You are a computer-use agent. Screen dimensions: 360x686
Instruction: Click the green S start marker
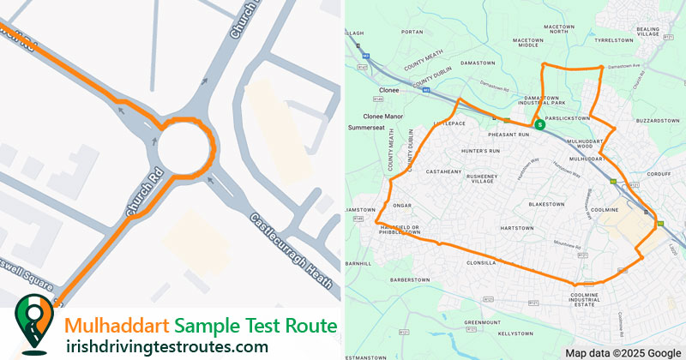pos(539,124)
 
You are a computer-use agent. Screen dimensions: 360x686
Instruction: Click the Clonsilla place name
pos(482,263)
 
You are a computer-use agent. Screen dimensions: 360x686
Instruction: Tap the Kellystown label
pos(515,333)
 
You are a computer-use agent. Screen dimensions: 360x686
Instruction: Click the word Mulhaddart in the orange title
pos(117,326)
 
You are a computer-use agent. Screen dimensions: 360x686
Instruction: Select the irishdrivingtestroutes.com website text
pos(166,345)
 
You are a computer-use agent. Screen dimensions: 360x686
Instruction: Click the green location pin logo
pos(33,322)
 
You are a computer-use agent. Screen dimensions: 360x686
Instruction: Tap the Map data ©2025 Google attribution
pos(623,352)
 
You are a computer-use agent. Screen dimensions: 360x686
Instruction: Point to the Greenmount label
pos(482,322)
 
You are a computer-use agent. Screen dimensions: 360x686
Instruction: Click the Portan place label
pos(412,32)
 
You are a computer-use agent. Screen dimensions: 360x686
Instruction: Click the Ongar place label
pos(403,206)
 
